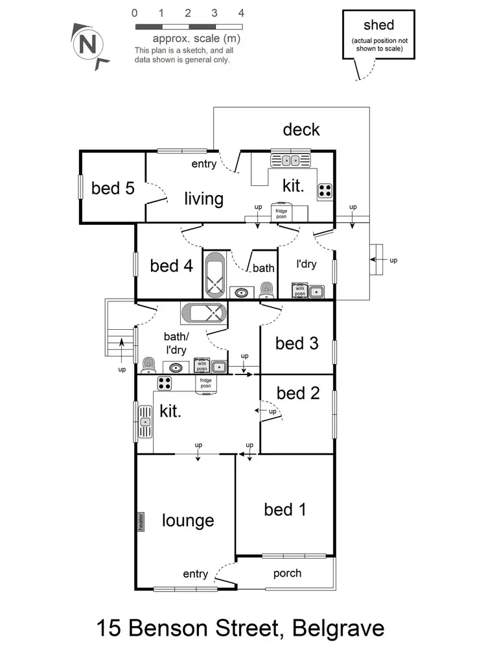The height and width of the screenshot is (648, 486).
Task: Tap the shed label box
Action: tap(378, 35)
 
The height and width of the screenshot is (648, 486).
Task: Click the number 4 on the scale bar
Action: tap(241, 12)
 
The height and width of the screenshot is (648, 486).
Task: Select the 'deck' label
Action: tap(301, 130)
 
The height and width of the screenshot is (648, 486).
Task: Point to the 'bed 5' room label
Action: tap(113, 189)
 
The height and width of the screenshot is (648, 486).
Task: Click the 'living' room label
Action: tap(203, 198)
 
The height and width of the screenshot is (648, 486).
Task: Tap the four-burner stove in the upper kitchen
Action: tap(325, 191)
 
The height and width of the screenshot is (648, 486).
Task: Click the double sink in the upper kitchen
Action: tap(290, 160)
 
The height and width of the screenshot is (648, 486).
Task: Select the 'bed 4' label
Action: tap(171, 266)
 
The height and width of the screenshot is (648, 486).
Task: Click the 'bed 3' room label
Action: tap(297, 343)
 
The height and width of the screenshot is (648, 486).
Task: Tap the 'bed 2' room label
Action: tap(297, 393)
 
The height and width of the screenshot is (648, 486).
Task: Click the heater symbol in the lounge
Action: tap(140, 522)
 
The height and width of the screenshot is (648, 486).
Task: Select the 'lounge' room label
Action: tap(188, 520)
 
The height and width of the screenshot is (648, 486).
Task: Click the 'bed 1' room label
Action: tap(285, 510)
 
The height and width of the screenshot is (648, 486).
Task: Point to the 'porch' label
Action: tap(287, 573)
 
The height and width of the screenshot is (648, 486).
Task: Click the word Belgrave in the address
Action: tap(338, 628)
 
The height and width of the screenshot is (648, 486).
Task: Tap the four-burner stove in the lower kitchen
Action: tap(165, 384)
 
